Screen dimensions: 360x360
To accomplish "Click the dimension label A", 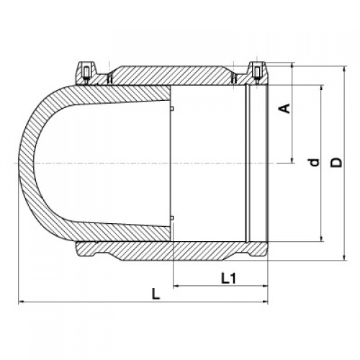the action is pos(285,108).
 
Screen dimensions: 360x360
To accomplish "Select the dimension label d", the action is pos(315,163).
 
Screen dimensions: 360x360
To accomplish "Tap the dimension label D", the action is pos(336,163).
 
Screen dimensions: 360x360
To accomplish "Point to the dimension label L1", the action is pos(228,279).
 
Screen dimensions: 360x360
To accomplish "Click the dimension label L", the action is pos(156,294).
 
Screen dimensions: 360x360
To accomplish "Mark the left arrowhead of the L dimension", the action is pos(21,302).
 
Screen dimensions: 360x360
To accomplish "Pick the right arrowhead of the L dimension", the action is pos(265,302).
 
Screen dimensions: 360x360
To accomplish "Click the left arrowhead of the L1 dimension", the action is pos(176,286).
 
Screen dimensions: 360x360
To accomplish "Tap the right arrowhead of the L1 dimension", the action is pos(265,286).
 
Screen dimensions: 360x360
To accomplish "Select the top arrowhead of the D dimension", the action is pos(345,68).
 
